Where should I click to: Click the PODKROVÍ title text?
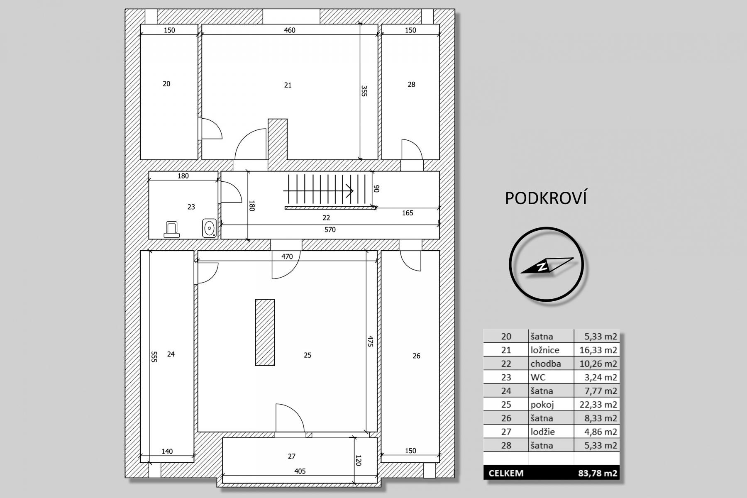point(546,198)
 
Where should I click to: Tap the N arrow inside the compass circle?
point(547,265)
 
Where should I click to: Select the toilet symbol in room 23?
point(171,229)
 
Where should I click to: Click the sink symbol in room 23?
point(210,228)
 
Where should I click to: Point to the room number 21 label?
point(288,85)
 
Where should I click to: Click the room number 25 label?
point(308,355)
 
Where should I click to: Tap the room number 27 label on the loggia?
point(292,456)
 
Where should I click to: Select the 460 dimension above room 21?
point(290,30)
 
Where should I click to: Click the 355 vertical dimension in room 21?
point(364,91)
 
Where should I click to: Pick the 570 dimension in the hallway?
point(330,229)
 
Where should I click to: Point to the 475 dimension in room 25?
point(371,341)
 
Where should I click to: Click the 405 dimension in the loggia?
point(300,471)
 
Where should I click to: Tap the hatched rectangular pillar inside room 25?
point(265,332)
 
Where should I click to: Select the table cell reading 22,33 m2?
point(598,404)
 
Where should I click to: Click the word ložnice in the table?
point(545,350)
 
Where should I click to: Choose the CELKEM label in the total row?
point(506,473)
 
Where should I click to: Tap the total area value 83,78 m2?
point(598,473)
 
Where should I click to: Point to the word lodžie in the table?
point(542,432)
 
